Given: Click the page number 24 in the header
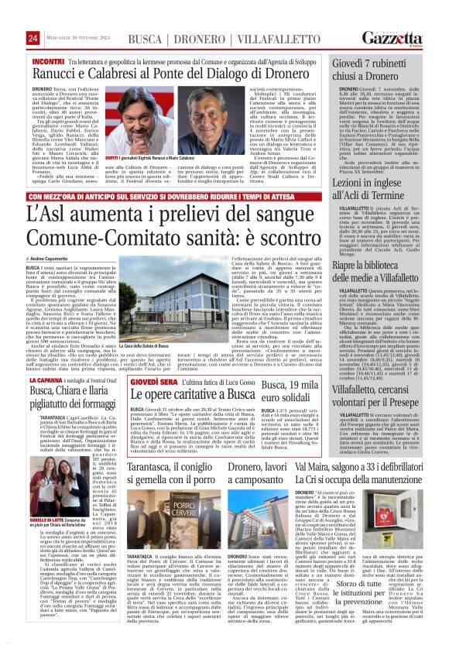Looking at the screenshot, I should tap(33, 39).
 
